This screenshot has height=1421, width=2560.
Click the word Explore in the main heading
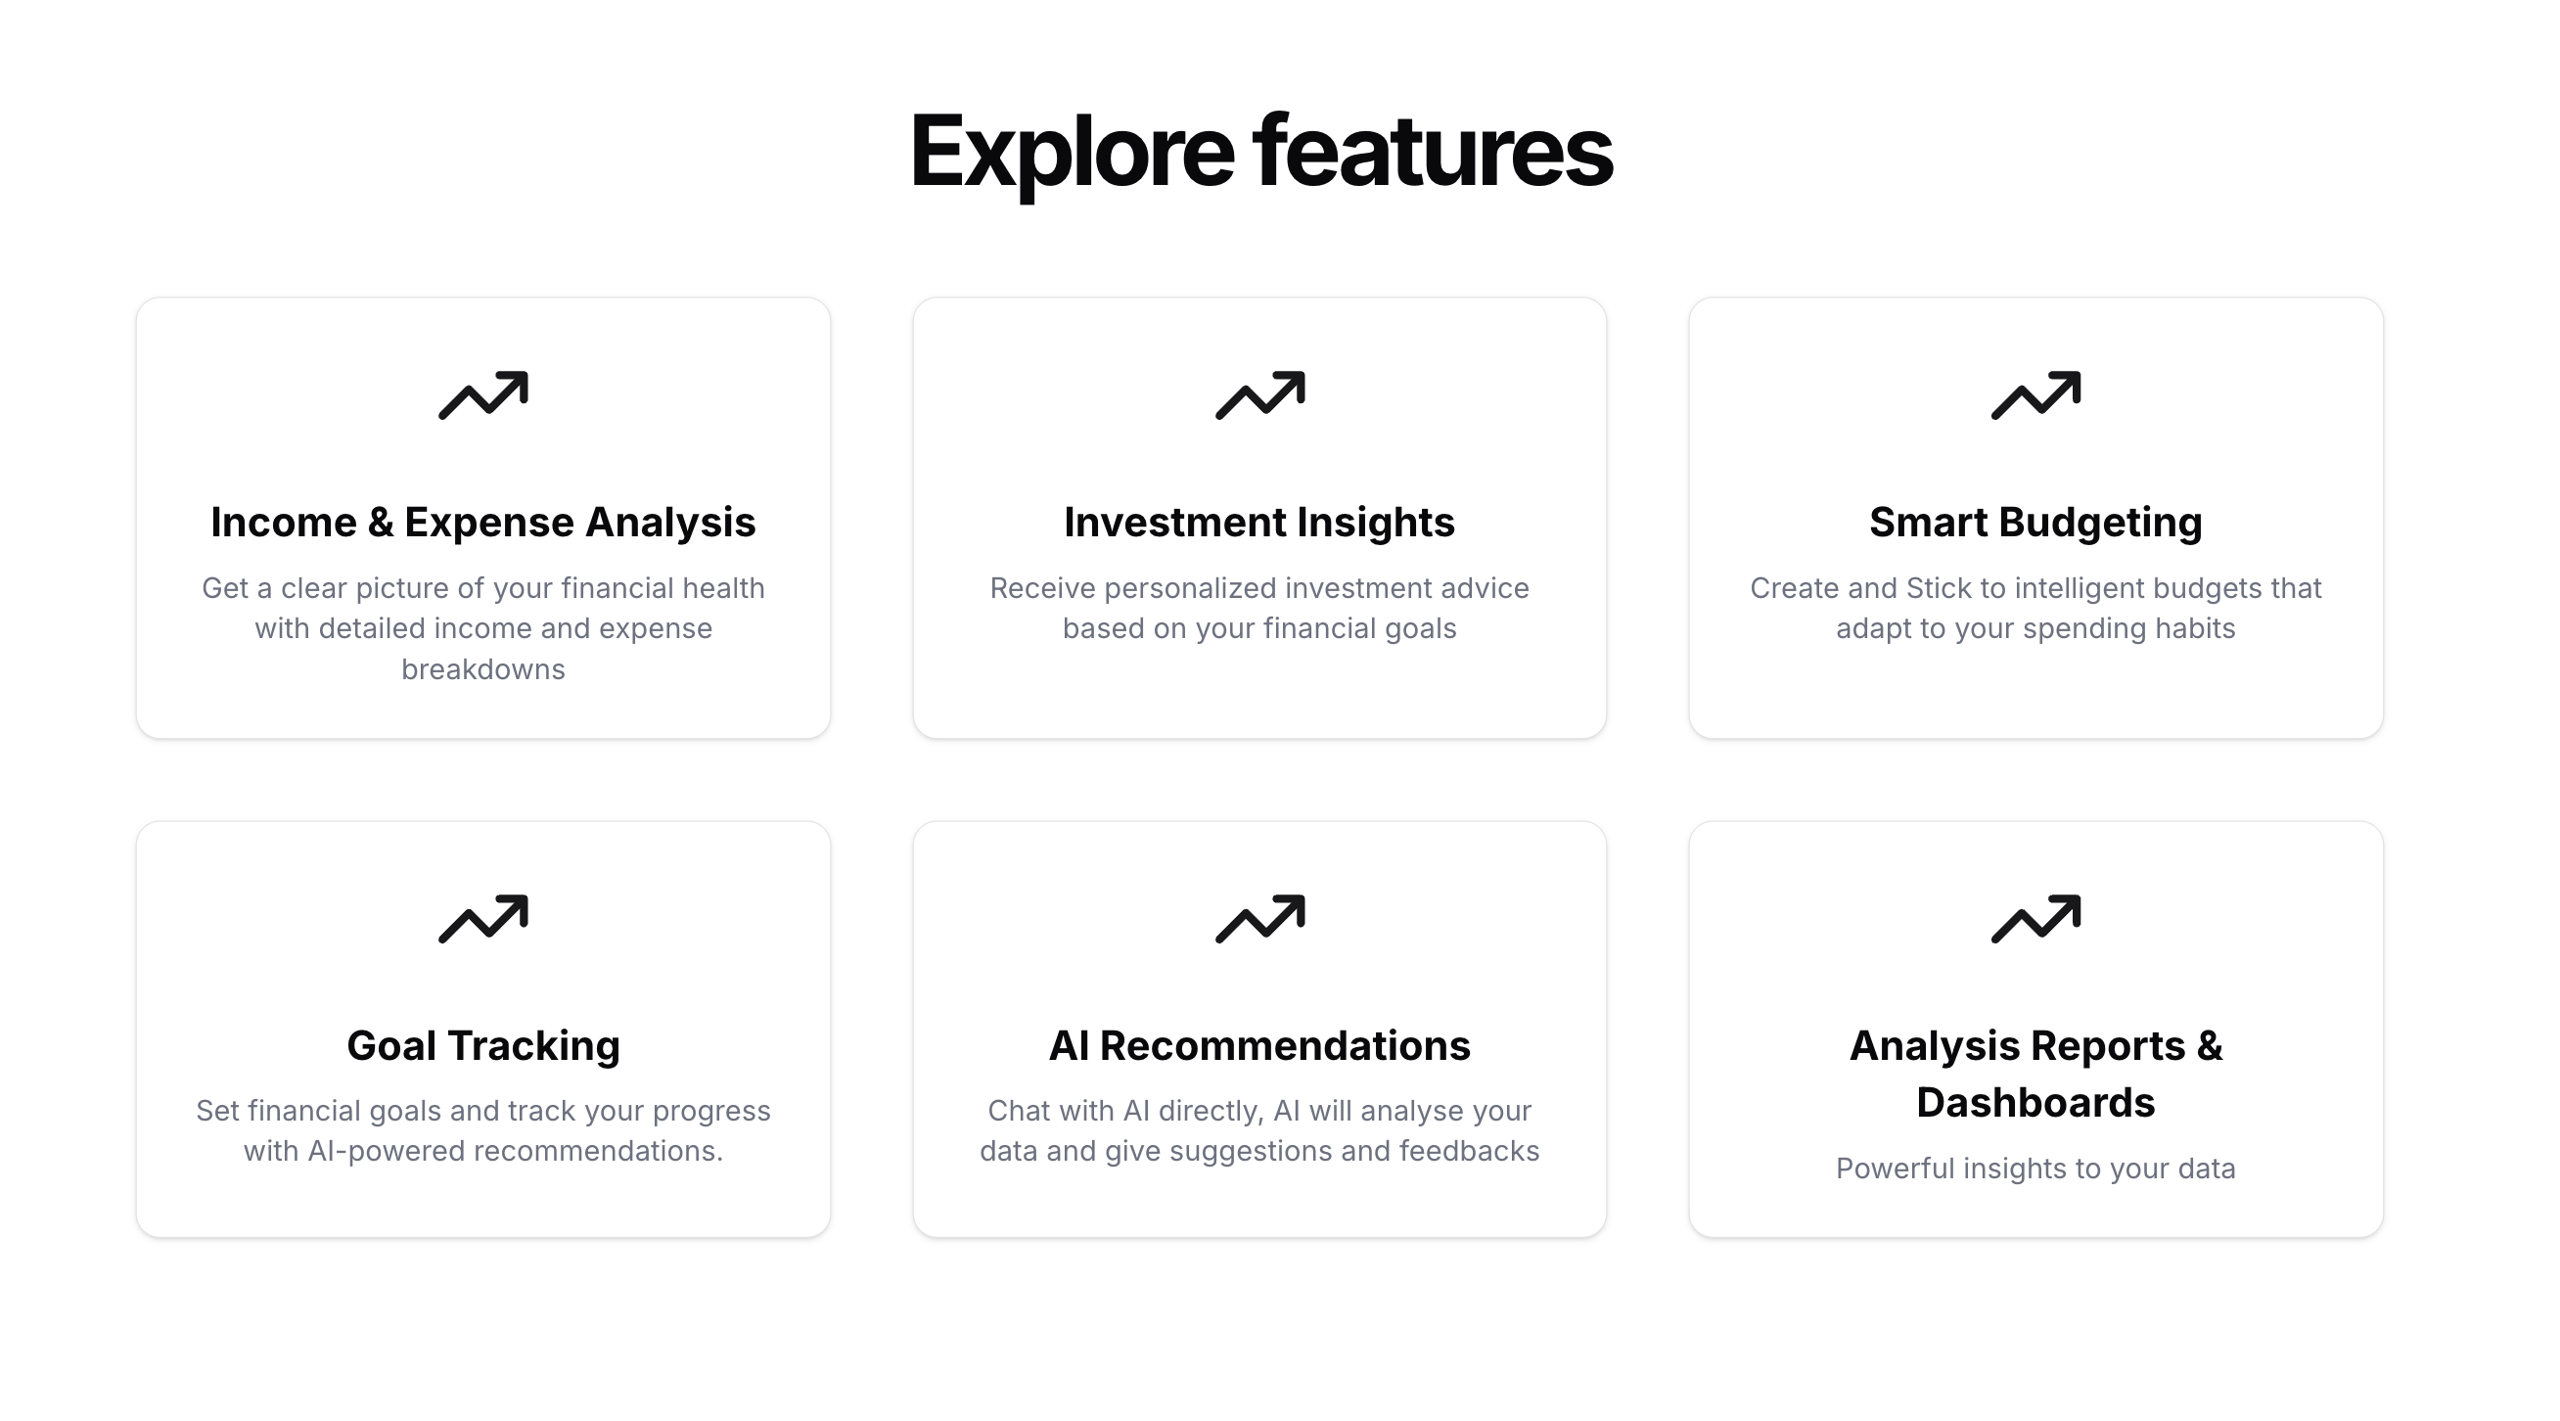1072,154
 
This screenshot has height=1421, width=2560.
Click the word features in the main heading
1432,150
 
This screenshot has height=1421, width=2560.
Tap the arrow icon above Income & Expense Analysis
484,395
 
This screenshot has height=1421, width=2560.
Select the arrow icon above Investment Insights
1260,395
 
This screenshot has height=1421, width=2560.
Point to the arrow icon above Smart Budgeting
2036,395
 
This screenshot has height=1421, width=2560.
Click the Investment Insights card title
1259,523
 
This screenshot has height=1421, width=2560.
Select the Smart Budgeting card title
2035,523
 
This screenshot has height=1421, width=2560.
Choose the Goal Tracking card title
483,1046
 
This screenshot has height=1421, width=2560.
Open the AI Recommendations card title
1259,1046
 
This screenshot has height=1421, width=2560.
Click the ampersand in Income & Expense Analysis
381,523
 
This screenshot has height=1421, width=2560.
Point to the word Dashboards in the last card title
2035,1103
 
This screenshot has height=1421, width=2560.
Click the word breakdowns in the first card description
483,669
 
